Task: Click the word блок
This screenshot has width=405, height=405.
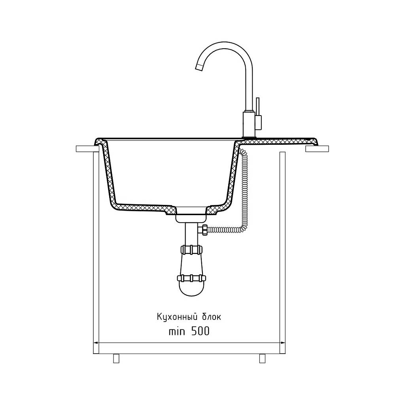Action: click(x=212, y=316)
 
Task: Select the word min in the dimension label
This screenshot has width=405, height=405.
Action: click(x=177, y=331)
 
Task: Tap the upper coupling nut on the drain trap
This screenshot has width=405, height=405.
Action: click(x=191, y=250)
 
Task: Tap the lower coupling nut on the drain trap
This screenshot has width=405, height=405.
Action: click(x=191, y=278)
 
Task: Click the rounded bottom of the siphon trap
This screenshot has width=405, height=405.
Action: click(x=191, y=289)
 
